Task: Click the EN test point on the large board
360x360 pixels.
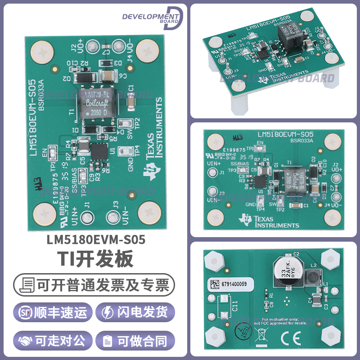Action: coord(53,153)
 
